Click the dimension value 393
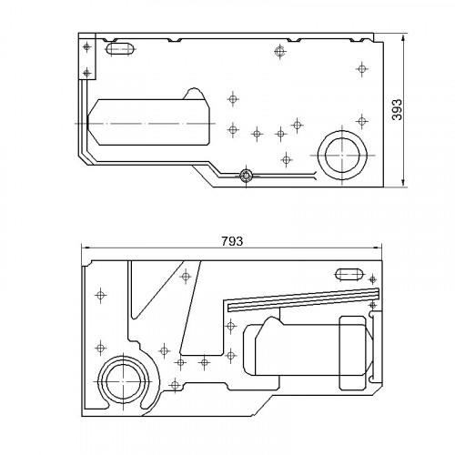point(397,109)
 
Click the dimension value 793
point(232,241)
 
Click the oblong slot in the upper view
point(121,49)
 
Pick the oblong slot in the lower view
point(349,275)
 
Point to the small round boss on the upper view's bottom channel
point(246,175)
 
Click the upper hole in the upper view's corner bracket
point(87,47)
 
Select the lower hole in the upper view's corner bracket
point(87,73)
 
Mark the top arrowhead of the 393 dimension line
point(403,38)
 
